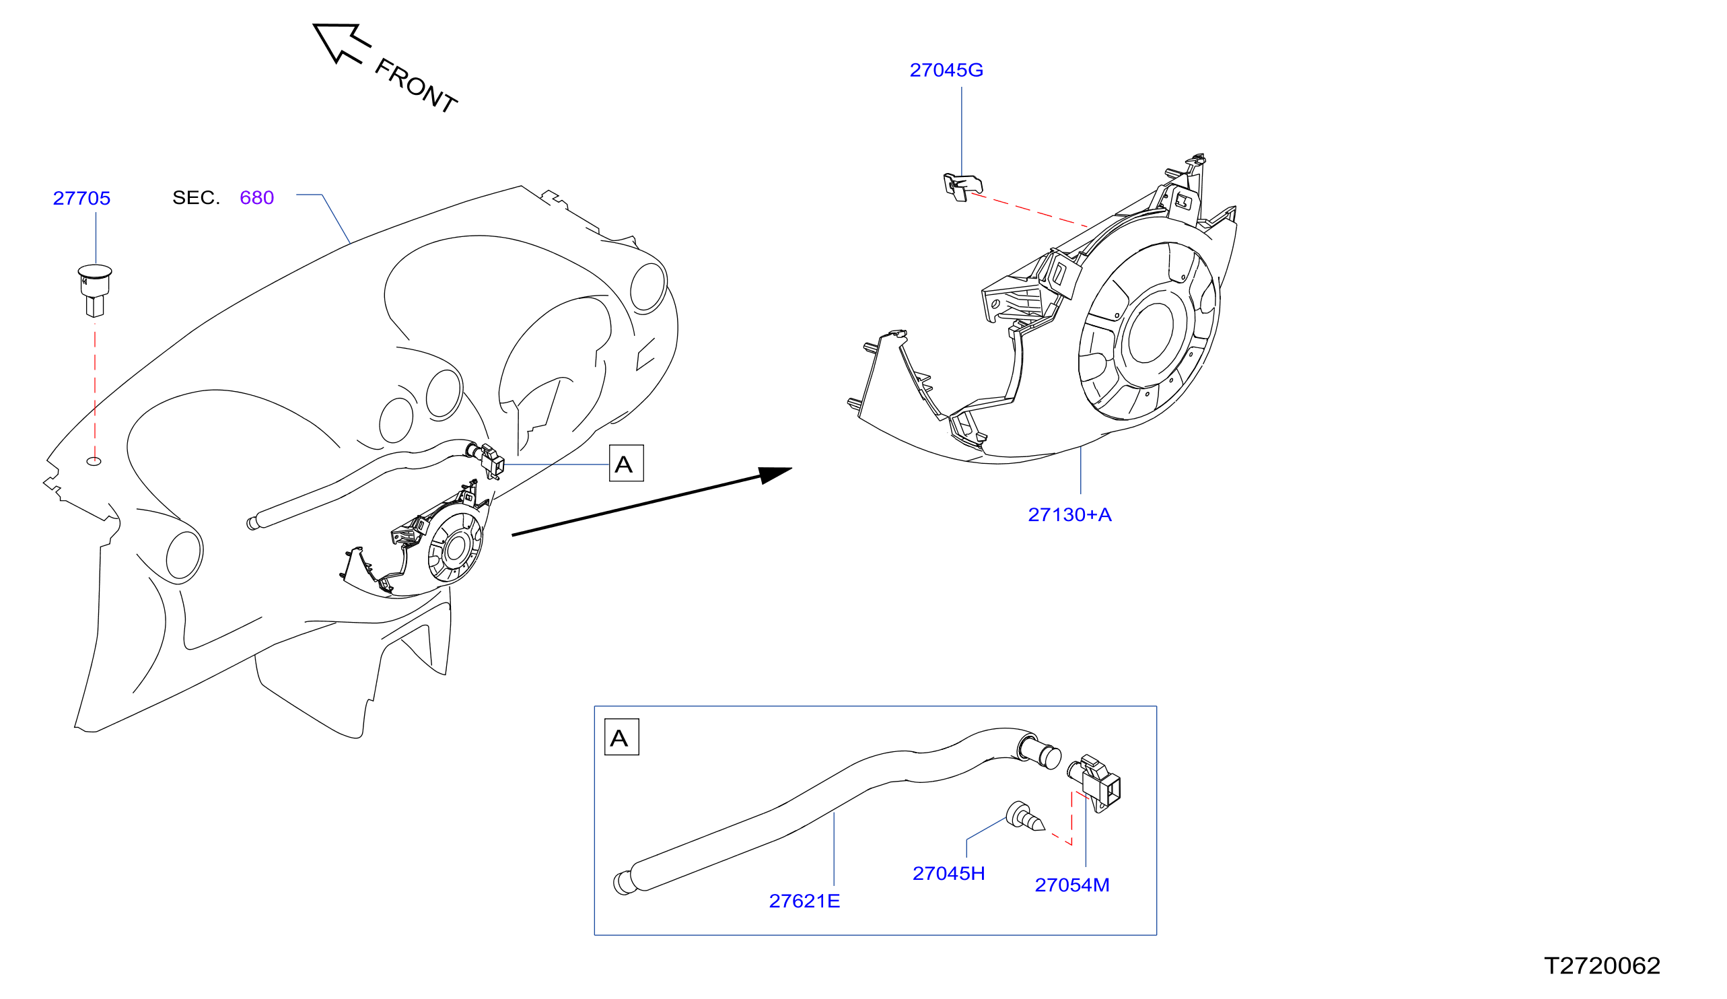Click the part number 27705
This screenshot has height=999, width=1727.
[x=81, y=198]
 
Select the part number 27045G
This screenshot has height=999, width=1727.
[x=946, y=70]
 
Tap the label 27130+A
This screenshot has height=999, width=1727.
[x=1069, y=515]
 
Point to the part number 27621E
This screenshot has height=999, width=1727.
[x=804, y=901]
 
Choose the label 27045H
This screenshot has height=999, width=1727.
[x=948, y=874]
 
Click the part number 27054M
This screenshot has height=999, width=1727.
[x=1072, y=885]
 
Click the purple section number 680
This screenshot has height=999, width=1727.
[x=257, y=197]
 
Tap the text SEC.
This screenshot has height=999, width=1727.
[x=196, y=197]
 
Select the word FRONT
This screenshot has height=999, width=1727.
[x=415, y=85]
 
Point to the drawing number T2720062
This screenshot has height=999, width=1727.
[x=1602, y=965]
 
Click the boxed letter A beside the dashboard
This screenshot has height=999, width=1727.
[x=626, y=464]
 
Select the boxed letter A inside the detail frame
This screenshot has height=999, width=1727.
[x=622, y=737]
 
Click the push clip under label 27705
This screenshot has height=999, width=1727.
[x=95, y=290]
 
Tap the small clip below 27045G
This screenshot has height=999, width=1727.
[x=963, y=186]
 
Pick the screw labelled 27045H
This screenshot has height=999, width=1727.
[x=1024, y=816]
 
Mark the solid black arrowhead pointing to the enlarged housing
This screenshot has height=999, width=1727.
[x=775, y=475]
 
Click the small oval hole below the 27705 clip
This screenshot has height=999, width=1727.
[x=94, y=461]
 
